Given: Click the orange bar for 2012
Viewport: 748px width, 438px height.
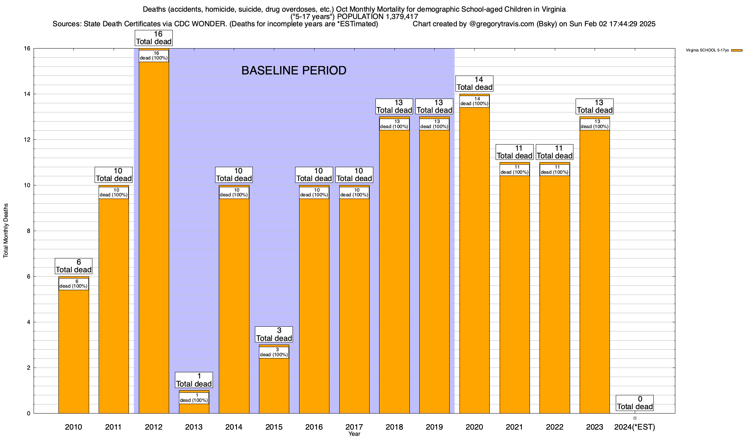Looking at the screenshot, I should point(154,237).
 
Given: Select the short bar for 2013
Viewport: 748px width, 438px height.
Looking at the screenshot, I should point(194,408).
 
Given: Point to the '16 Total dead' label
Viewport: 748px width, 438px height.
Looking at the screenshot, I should point(154,38).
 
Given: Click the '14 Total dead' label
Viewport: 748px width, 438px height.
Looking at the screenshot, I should point(474,84).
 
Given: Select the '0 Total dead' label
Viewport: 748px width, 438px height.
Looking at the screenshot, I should point(635,403).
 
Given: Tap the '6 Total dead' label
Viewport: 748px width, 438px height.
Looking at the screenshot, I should point(74,266).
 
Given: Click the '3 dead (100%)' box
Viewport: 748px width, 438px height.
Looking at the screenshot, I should point(274,352).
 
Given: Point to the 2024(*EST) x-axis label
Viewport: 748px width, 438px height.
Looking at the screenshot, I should point(635,427).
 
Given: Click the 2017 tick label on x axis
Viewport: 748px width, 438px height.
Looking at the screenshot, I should point(354,427).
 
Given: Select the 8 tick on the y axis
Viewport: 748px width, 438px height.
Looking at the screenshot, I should point(28,231).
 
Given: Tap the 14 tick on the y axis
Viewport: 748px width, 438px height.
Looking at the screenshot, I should point(27,94).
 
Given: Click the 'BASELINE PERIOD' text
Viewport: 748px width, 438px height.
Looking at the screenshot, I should point(294,70).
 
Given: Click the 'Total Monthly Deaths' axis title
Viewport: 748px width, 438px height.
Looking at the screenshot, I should point(6,231).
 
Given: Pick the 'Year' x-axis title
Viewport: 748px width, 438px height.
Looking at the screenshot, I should point(354,434).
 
